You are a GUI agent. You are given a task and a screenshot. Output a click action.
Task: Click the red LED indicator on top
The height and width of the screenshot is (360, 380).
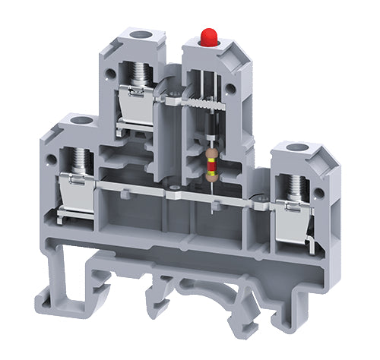click(206, 36)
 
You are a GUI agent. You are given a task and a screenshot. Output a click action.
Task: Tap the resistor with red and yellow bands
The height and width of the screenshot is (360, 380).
click(211, 161)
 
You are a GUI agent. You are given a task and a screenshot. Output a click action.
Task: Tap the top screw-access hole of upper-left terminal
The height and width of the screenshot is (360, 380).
click(140, 34)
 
